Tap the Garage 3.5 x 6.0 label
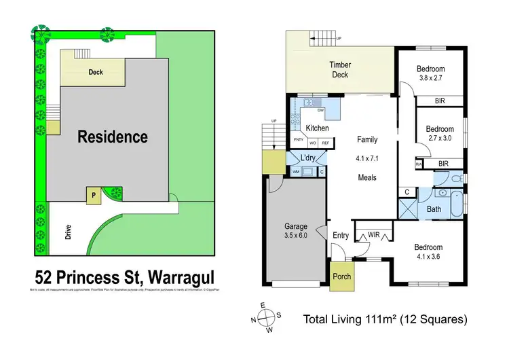pyautogui.click(x=296, y=231)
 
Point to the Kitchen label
pyautogui.click(x=317, y=128)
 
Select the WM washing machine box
pyautogui.click(x=296, y=172)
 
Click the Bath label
pyautogui.click(x=434, y=210)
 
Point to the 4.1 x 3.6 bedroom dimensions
pyautogui.click(x=430, y=257)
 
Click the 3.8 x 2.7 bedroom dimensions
pyautogui.click(x=430, y=79)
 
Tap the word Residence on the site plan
pyautogui.click(x=113, y=137)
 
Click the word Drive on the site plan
pyautogui.click(x=68, y=232)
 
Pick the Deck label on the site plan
pyautogui.click(x=96, y=71)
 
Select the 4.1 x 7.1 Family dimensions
pyautogui.click(x=367, y=160)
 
